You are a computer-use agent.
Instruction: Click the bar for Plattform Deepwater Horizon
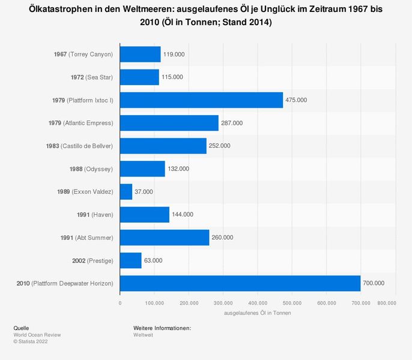tap(240, 283)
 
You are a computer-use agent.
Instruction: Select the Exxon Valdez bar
tap(126, 191)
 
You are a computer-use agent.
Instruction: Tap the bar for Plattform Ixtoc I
tap(201, 100)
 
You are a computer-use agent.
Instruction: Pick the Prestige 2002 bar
tap(131, 260)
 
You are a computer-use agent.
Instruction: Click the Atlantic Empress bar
tap(169, 123)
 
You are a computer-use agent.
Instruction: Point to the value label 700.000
tap(374, 283)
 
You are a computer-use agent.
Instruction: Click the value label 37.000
tap(144, 191)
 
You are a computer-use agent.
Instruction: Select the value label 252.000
tap(220, 146)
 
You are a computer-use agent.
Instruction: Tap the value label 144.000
tap(183, 214)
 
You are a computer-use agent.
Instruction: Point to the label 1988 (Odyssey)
tap(91, 169)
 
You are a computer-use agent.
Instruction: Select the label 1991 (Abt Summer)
tap(86, 238)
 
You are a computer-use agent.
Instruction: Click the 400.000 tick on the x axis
tap(258, 304)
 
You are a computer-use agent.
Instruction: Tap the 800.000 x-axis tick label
tap(387, 304)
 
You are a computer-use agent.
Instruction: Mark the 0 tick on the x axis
tap(120, 304)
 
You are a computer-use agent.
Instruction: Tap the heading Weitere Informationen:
tap(162, 328)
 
